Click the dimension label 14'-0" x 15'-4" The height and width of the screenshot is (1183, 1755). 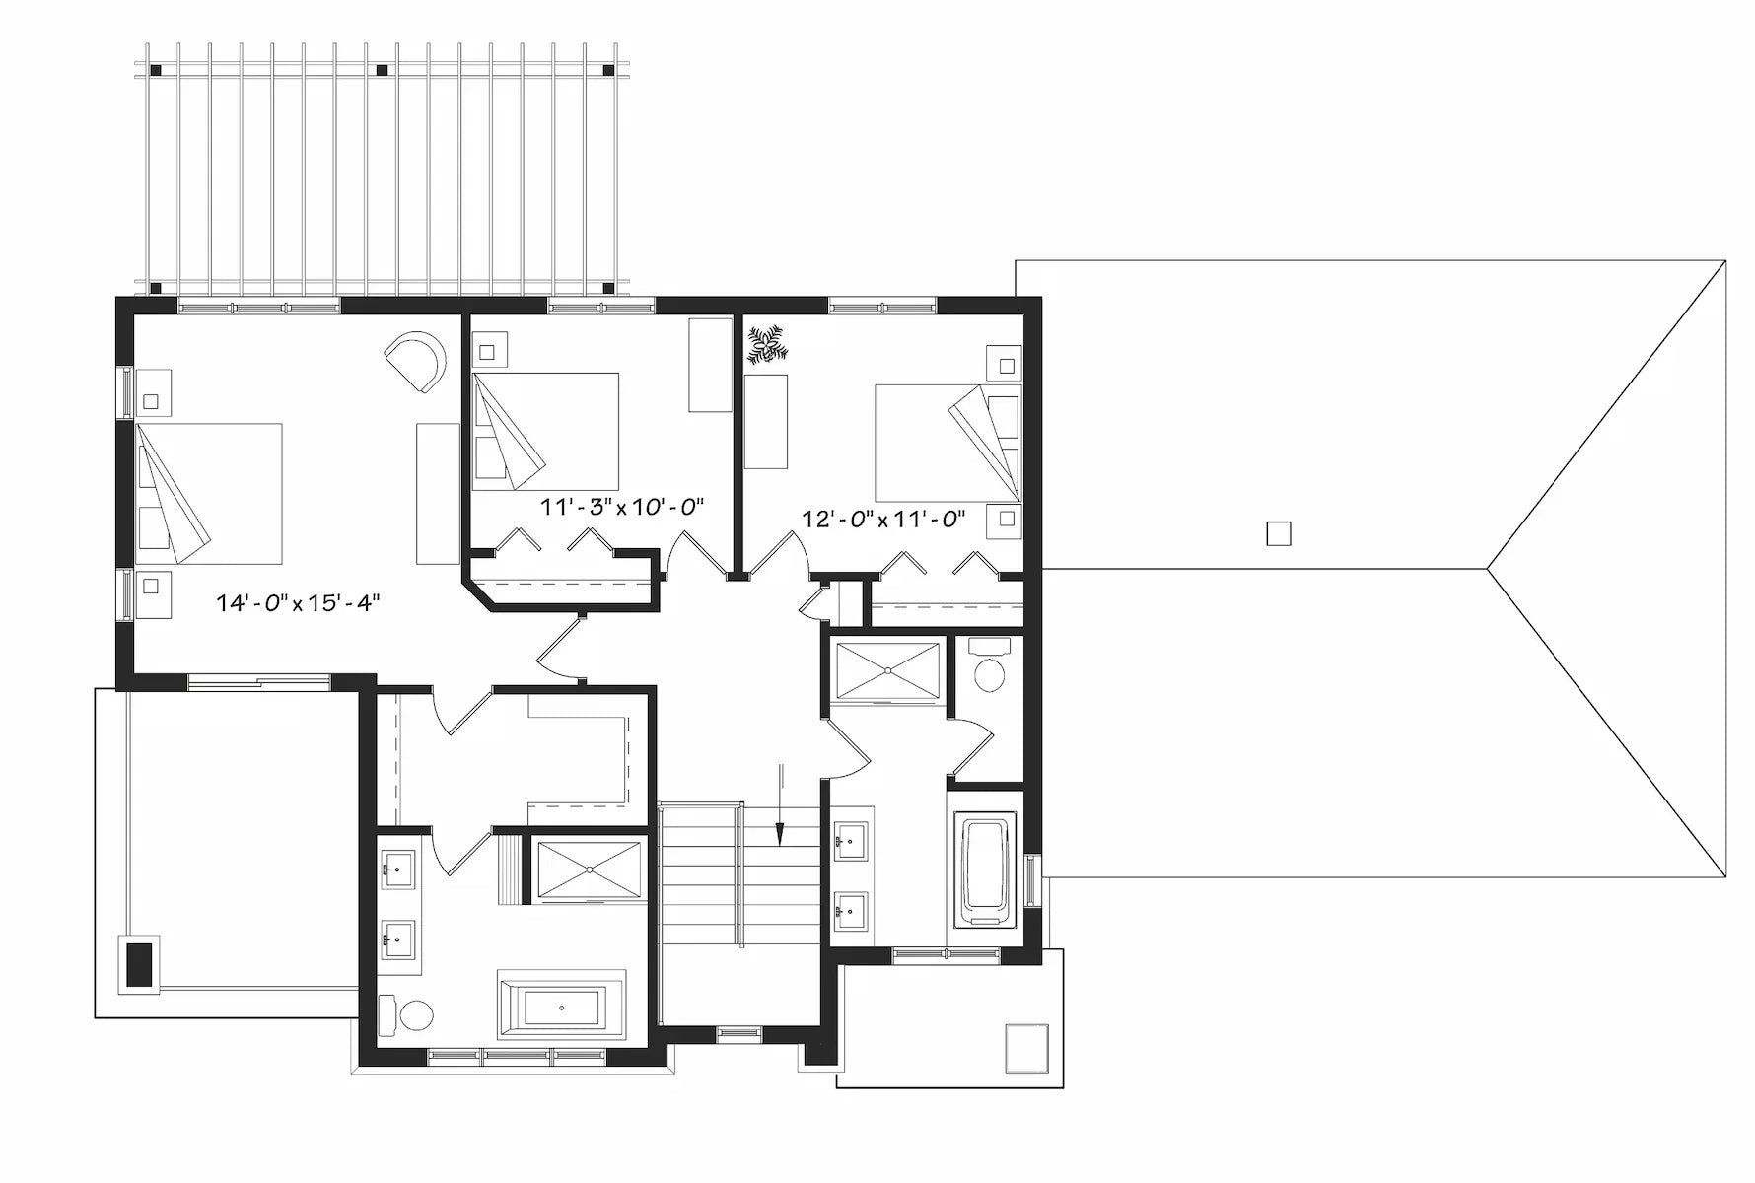pos(298,603)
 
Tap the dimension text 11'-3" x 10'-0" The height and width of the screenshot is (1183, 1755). pos(622,507)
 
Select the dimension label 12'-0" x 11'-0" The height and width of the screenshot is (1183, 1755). pos(882,519)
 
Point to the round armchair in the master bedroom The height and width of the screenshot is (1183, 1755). pos(416,362)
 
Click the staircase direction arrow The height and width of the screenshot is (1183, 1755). pos(780,803)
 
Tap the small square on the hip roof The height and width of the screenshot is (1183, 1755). pos(1278,533)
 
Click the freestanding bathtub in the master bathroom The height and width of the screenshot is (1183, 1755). pos(562,1007)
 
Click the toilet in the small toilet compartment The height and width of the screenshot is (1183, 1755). pos(989,669)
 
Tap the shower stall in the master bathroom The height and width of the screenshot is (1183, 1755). pos(590,869)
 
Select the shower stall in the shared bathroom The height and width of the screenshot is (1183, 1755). pos(887,670)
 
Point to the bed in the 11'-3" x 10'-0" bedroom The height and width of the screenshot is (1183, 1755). pos(545,431)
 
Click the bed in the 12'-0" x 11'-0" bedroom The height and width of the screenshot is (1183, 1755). pos(947,441)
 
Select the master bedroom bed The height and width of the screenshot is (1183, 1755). pos(208,493)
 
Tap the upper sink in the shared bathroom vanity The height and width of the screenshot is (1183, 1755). pos(849,842)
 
